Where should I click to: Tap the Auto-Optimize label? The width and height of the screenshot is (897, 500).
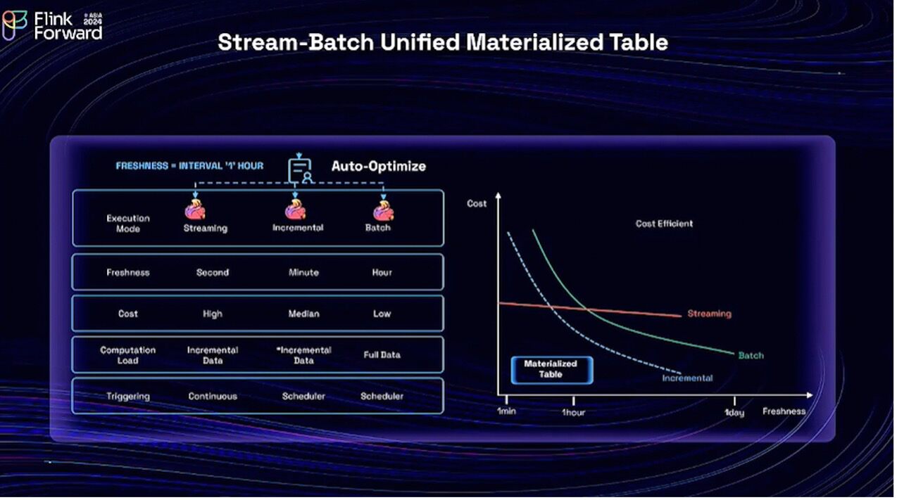tap(379, 167)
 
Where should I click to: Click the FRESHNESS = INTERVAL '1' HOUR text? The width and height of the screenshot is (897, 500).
tap(189, 166)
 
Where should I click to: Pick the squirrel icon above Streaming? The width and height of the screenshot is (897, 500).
tap(195, 210)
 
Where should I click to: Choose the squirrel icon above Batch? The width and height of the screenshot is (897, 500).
tap(383, 210)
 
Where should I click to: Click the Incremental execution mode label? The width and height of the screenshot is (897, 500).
tap(298, 228)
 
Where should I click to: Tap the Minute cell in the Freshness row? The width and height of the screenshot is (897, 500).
tap(303, 272)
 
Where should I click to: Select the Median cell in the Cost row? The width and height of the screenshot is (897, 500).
tap(303, 314)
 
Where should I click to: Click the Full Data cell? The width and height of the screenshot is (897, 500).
tap(382, 355)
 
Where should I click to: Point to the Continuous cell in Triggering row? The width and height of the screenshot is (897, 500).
tap(213, 397)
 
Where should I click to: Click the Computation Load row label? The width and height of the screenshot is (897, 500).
tap(128, 355)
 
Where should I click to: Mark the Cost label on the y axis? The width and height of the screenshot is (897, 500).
tap(477, 203)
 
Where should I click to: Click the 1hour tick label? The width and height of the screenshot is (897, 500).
tap(573, 412)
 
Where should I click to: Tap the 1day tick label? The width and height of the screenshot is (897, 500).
tap(734, 413)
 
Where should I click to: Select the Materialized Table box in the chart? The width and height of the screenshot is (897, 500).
tap(551, 369)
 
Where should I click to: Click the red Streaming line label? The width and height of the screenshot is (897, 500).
tap(709, 314)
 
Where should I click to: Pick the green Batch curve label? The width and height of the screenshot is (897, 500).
tap(751, 355)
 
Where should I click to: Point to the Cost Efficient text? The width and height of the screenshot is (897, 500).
tap(664, 224)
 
